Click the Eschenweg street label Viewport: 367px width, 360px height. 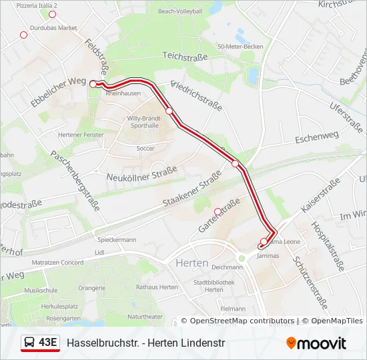(x=312, y=137)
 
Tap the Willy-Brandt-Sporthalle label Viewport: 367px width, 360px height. (x=142, y=121)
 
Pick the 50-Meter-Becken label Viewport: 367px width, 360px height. (x=240, y=47)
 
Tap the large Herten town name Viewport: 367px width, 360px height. (x=192, y=263)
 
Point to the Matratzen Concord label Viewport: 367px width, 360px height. (x=59, y=262)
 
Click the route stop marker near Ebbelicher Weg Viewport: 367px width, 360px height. (x=93, y=84)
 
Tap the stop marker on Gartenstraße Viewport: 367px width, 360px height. (x=217, y=211)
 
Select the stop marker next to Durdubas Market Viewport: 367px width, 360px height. (x=24, y=35)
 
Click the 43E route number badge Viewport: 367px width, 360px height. (x=48, y=343)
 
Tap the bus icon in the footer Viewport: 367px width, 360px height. (x=30, y=343)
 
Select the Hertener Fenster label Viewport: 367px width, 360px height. (x=81, y=134)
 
